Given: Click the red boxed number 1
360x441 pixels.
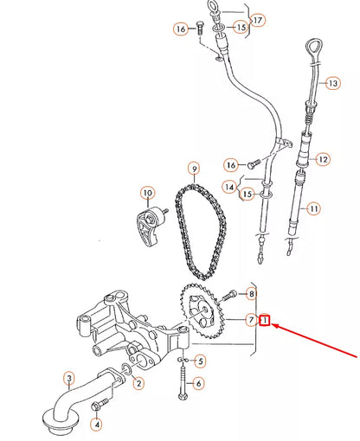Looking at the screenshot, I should (267, 321).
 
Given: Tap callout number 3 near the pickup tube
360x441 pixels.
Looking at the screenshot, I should (67, 377).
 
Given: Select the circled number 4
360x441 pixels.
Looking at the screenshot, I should (96, 424).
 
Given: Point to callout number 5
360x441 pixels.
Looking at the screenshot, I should (201, 361).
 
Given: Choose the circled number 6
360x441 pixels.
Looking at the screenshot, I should (200, 384).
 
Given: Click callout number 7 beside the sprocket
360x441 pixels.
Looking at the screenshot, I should (250, 321).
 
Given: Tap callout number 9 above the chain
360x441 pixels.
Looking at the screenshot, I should (195, 168).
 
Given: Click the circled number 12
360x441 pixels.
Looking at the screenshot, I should (323, 159).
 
